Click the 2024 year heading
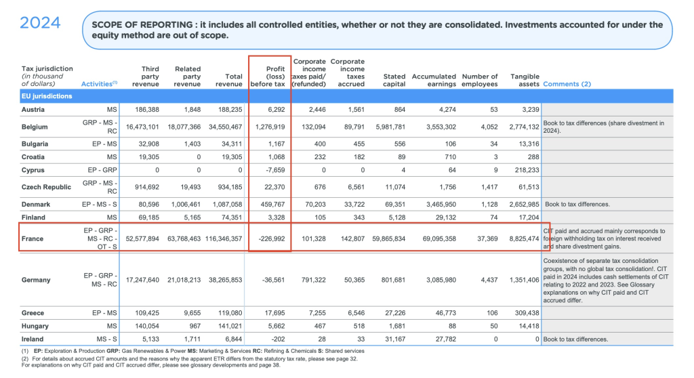pyautogui.click(x=40, y=23)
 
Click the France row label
pyautogui.click(x=33, y=239)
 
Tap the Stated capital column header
pyautogui.click(x=394, y=81)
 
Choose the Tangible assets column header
pyautogui.click(x=524, y=81)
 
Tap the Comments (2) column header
pyautogui.click(x=567, y=84)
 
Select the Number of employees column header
pyautogui.click(x=479, y=81)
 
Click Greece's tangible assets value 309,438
pyautogui.click(x=523, y=313)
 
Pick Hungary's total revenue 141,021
pyautogui.click(x=227, y=326)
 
